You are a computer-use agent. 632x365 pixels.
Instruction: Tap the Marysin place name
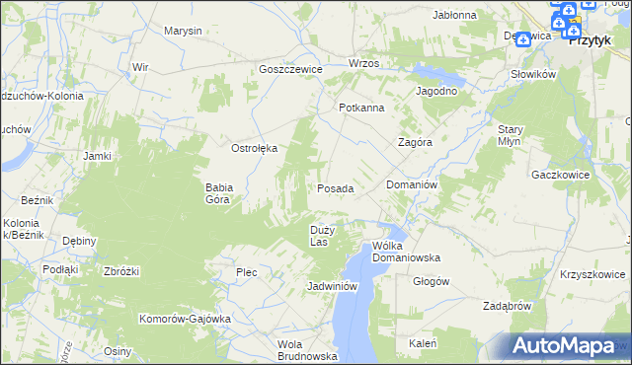tap(183, 31)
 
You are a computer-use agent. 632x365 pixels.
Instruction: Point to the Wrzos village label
tap(363, 63)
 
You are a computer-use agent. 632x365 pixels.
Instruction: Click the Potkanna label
tap(360, 108)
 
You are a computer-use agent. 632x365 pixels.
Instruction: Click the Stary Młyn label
tap(510, 135)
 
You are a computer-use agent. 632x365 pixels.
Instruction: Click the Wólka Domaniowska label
tap(405, 252)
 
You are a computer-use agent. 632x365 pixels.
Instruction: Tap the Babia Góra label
tap(217, 192)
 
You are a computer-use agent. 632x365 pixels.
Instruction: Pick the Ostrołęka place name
tap(254, 148)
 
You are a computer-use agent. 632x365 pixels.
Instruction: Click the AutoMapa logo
tap(563, 345)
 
